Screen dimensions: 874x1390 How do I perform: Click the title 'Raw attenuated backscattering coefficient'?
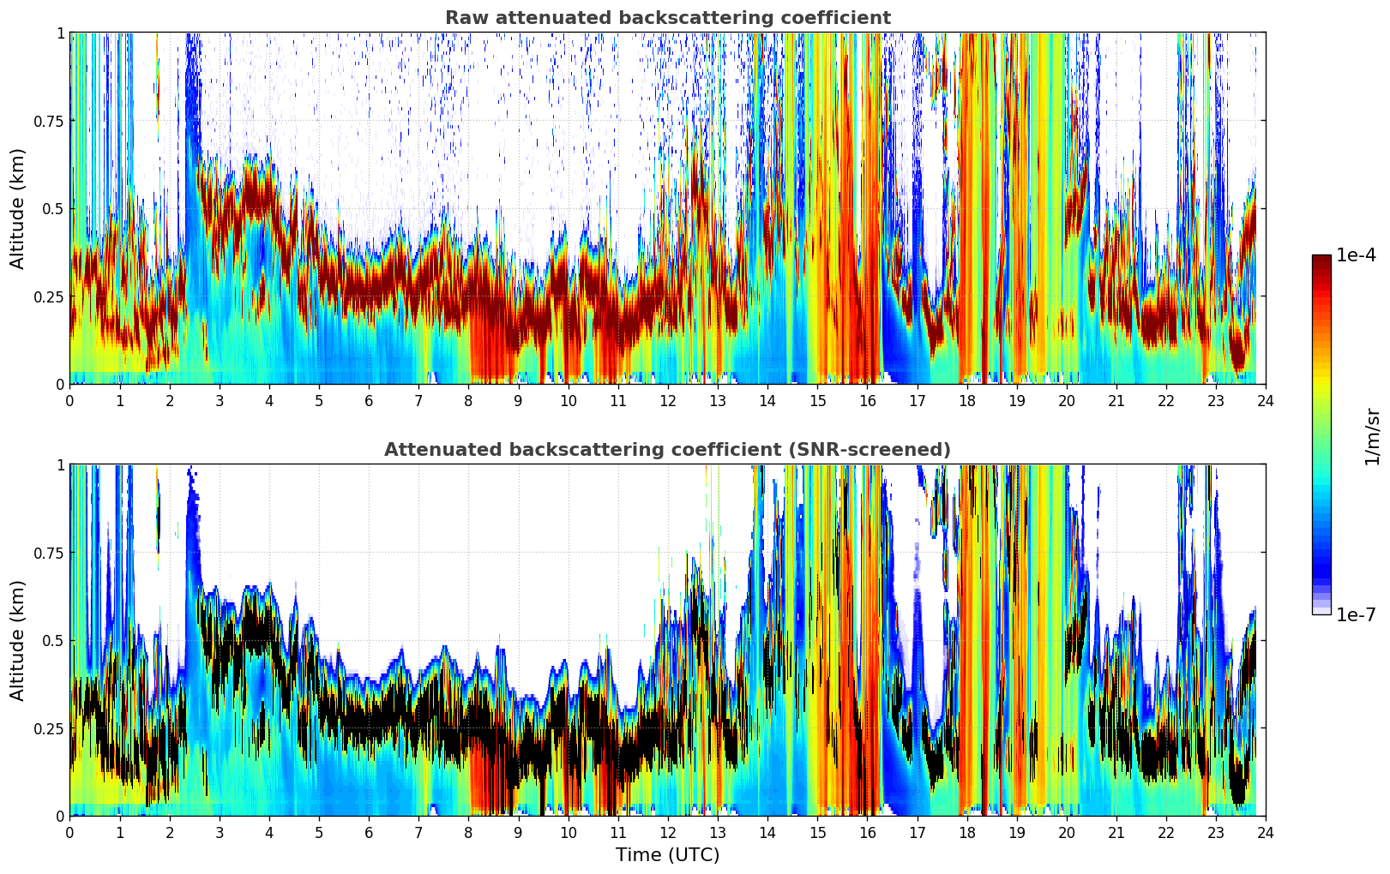click(667, 18)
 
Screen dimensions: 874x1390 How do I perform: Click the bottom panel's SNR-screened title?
click(667, 450)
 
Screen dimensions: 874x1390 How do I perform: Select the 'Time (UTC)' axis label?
click(667, 854)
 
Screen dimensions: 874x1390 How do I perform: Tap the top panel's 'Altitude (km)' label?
click(18, 208)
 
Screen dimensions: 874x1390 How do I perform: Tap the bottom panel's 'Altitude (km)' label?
click(18, 640)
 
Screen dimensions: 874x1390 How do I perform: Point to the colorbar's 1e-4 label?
click(1356, 255)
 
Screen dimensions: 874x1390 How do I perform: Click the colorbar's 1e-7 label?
click(1356, 614)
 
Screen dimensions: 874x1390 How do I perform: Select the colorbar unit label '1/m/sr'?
click(1372, 436)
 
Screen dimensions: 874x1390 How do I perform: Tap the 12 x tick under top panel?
click(667, 400)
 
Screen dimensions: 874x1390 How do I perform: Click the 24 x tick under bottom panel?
click(1265, 832)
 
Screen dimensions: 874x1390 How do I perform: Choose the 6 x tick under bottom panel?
click(369, 832)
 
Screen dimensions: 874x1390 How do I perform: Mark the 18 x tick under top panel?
click(966, 400)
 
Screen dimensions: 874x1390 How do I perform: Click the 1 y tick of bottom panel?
click(60, 465)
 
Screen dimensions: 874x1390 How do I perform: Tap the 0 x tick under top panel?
click(69, 400)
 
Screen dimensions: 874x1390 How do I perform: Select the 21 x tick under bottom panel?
click(1116, 832)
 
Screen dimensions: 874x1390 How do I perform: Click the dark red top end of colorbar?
click(1321, 259)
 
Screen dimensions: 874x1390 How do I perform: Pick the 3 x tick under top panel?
click(220, 400)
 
